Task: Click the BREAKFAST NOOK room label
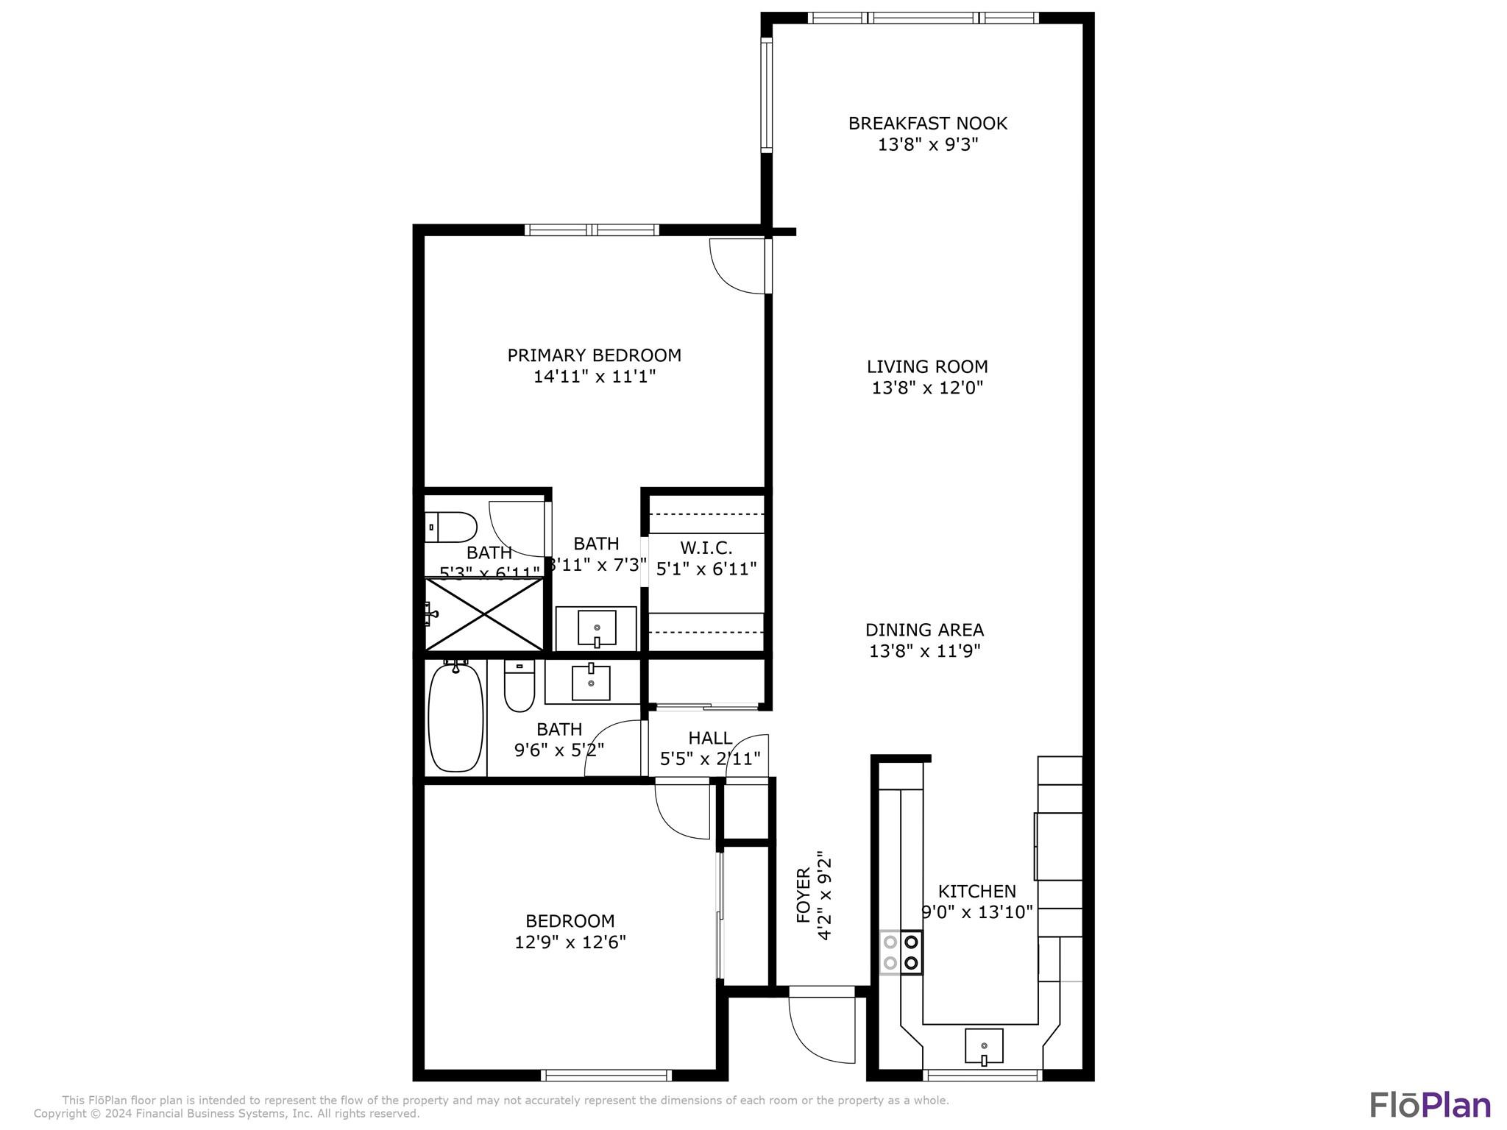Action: pos(927,124)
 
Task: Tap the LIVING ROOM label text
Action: pos(927,366)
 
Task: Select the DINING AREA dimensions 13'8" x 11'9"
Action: pos(925,651)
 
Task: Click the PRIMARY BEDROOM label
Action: pos(594,355)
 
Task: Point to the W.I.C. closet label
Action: pos(706,548)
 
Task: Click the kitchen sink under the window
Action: pos(984,1045)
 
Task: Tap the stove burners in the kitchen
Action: pos(901,952)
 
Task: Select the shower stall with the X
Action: pos(484,614)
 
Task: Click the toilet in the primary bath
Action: pos(451,527)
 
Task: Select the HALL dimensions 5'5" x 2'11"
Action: pos(710,758)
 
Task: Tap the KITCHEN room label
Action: pos(976,892)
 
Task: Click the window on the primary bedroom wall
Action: pos(592,230)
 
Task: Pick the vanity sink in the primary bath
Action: pos(596,628)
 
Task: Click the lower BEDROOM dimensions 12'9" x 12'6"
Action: pos(570,942)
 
